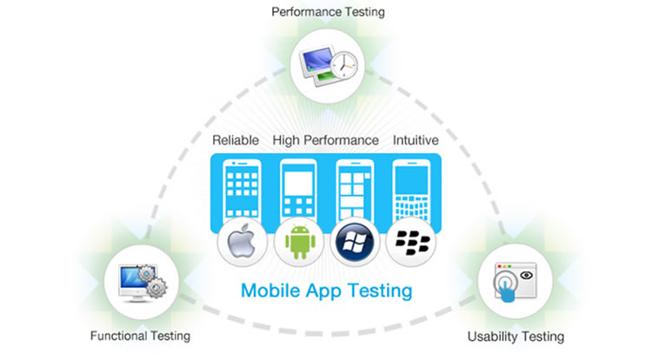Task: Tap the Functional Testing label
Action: pyautogui.click(x=140, y=336)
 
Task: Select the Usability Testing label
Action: pyautogui.click(x=516, y=336)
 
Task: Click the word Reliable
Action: pyautogui.click(x=236, y=140)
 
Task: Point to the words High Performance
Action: pyautogui.click(x=325, y=140)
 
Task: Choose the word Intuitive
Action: pyautogui.click(x=416, y=140)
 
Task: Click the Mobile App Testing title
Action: pyautogui.click(x=325, y=290)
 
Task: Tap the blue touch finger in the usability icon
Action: pyautogui.click(x=505, y=288)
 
